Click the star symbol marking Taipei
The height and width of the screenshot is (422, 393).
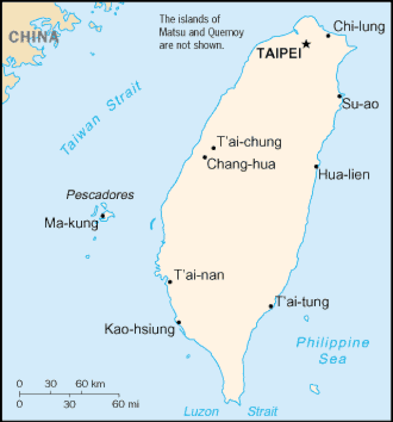click(x=306, y=44)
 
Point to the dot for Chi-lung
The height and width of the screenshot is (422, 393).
click(x=329, y=36)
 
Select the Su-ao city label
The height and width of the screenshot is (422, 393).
click(x=360, y=104)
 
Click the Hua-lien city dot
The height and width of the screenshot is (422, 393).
click(x=316, y=166)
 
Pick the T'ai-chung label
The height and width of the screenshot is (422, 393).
click(x=249, y=143)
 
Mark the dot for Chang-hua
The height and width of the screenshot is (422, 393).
click(x=204, y=157)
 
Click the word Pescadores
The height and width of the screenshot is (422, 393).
click(x=99, y=195)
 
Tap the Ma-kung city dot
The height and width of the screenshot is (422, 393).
click(x=103, y=216)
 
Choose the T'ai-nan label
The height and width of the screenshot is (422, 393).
click(x=199, y=275)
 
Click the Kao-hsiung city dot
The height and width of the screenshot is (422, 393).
click(x=179, y=322)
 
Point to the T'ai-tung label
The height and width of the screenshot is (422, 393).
click(x=302, y=302)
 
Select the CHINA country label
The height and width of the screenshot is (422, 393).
click(x=34, y=37)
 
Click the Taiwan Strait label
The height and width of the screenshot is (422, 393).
click(x=101, y=117)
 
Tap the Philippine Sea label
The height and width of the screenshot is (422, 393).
click(x=332, y=350)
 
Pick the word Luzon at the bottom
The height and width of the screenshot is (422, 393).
click(x=200, y=412)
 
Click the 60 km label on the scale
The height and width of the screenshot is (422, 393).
click(x=90, y=384)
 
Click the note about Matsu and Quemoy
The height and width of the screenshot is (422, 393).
click(x=191, y=32)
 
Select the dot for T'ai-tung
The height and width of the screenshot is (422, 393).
click(x=271, y=306)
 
